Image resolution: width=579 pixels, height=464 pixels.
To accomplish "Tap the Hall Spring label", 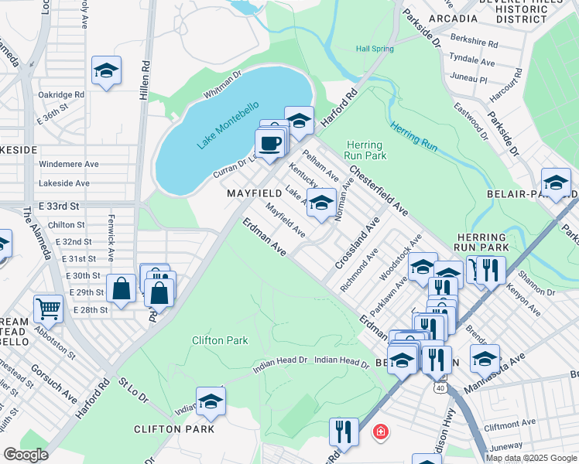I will pos(375,49).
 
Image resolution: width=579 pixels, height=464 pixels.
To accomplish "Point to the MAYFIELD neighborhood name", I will pos(253,191).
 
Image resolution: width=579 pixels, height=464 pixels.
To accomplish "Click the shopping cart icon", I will pos(48,309).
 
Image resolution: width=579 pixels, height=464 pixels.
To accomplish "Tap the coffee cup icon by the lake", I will pos(269,144).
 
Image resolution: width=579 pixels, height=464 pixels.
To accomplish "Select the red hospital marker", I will pos(380,432).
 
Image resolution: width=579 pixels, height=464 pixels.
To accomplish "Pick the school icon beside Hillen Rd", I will pos(106,71).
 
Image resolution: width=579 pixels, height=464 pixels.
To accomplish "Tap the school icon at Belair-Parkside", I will pos(555,183).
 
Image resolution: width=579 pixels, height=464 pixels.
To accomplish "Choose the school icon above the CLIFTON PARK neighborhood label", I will pos(210,401).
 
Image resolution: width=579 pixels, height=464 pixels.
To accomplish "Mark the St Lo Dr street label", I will pos(132,387).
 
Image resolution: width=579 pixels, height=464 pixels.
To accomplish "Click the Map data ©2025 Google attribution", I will pos(532,457).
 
